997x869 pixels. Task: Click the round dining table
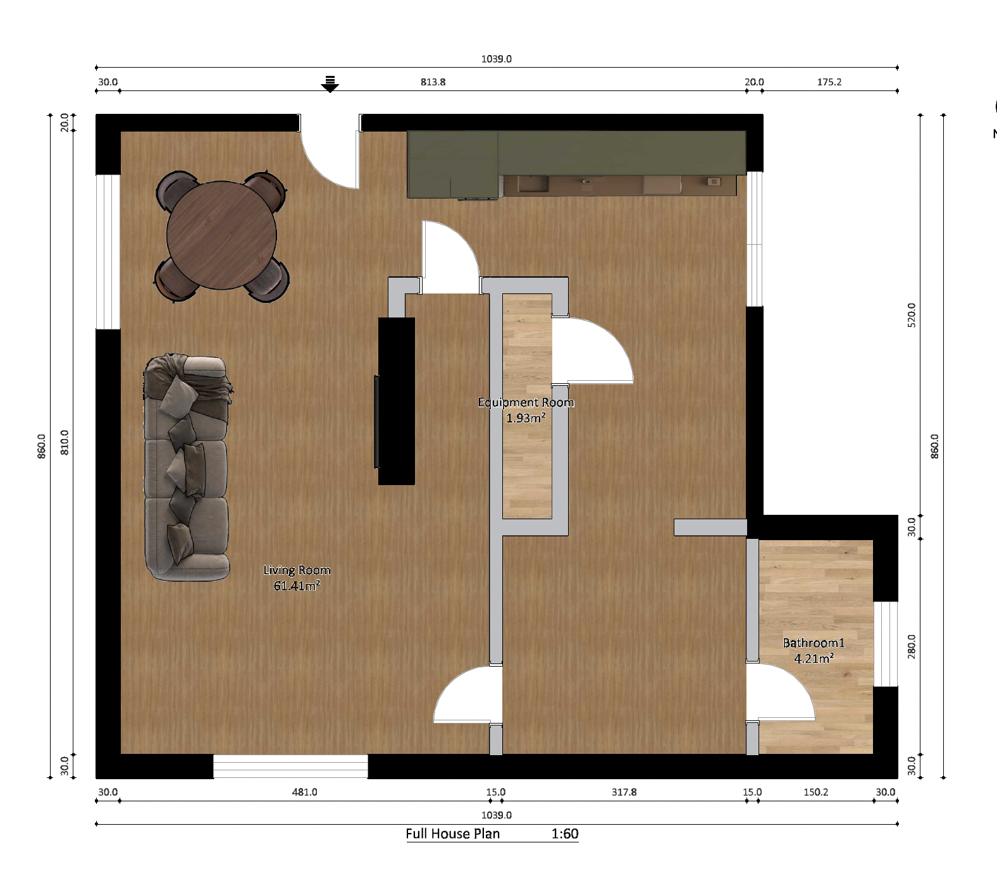coord(221,235)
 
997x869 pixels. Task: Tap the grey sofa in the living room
coord(187,467)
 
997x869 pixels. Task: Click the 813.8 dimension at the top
coord(433,82)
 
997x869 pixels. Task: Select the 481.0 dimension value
coord(304,792)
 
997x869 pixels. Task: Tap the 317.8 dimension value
coord(624,792)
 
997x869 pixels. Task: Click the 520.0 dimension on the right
coord(912,315)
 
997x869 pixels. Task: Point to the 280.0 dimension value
coord(912,646)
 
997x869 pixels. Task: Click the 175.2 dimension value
coord(829,82)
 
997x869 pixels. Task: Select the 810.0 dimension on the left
coord(65,442)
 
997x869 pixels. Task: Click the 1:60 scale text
coord(565,834)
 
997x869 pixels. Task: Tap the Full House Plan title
coord(453,834)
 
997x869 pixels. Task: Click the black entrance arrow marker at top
coord(330,84)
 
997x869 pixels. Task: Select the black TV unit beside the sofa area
coord(396,401)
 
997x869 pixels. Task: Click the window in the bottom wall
coord(290,766)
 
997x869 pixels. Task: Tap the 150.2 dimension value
coord(816,792)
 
